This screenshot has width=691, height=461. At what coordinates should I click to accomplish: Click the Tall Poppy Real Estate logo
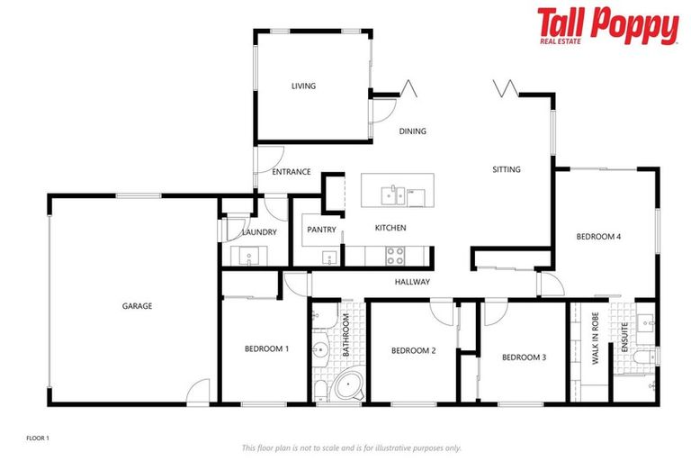(607, 26)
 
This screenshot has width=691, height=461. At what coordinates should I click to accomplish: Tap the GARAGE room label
(137, 306)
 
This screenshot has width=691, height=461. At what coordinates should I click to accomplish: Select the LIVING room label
(303, 86)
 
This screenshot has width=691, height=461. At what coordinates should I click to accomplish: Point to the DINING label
(412, 131)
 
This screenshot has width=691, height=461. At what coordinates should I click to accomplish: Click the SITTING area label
(506, 169)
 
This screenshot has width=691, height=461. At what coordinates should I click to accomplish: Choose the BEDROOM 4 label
(598, 237)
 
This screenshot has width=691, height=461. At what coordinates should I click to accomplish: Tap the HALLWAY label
(412, 283)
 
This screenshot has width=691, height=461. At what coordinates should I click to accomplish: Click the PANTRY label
(321, 230)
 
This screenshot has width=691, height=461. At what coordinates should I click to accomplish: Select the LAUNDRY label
(259, 232)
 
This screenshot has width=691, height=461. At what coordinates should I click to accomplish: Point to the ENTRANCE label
(291, 172)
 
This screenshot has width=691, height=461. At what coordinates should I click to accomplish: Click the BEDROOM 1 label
(267, 348)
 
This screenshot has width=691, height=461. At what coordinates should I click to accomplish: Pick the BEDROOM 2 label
(413, 350)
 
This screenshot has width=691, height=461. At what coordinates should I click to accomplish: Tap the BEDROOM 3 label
(524, 357)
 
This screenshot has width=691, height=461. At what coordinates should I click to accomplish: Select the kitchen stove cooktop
(395, 255)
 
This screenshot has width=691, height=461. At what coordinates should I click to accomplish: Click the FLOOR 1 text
(38, 438)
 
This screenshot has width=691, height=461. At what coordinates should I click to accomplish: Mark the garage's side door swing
(199, 392)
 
